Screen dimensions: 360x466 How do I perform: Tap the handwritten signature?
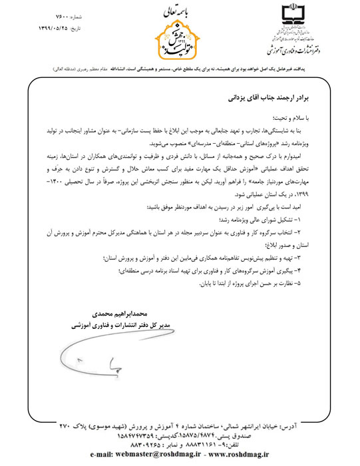coord(93,360)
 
